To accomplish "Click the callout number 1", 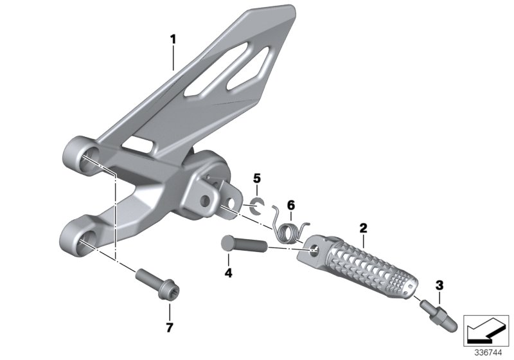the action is click(x=173, y=40).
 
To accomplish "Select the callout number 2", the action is click(x=363, y=228).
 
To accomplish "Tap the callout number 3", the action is click(x=439, y=285).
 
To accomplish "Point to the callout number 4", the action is click(x=228, y=273).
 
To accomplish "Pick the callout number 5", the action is click(x=257, y=179).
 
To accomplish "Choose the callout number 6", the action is click(x=291, y=206).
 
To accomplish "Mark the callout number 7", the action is click(x=170, y=327).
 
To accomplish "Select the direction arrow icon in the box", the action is click(x=486, y=331).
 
